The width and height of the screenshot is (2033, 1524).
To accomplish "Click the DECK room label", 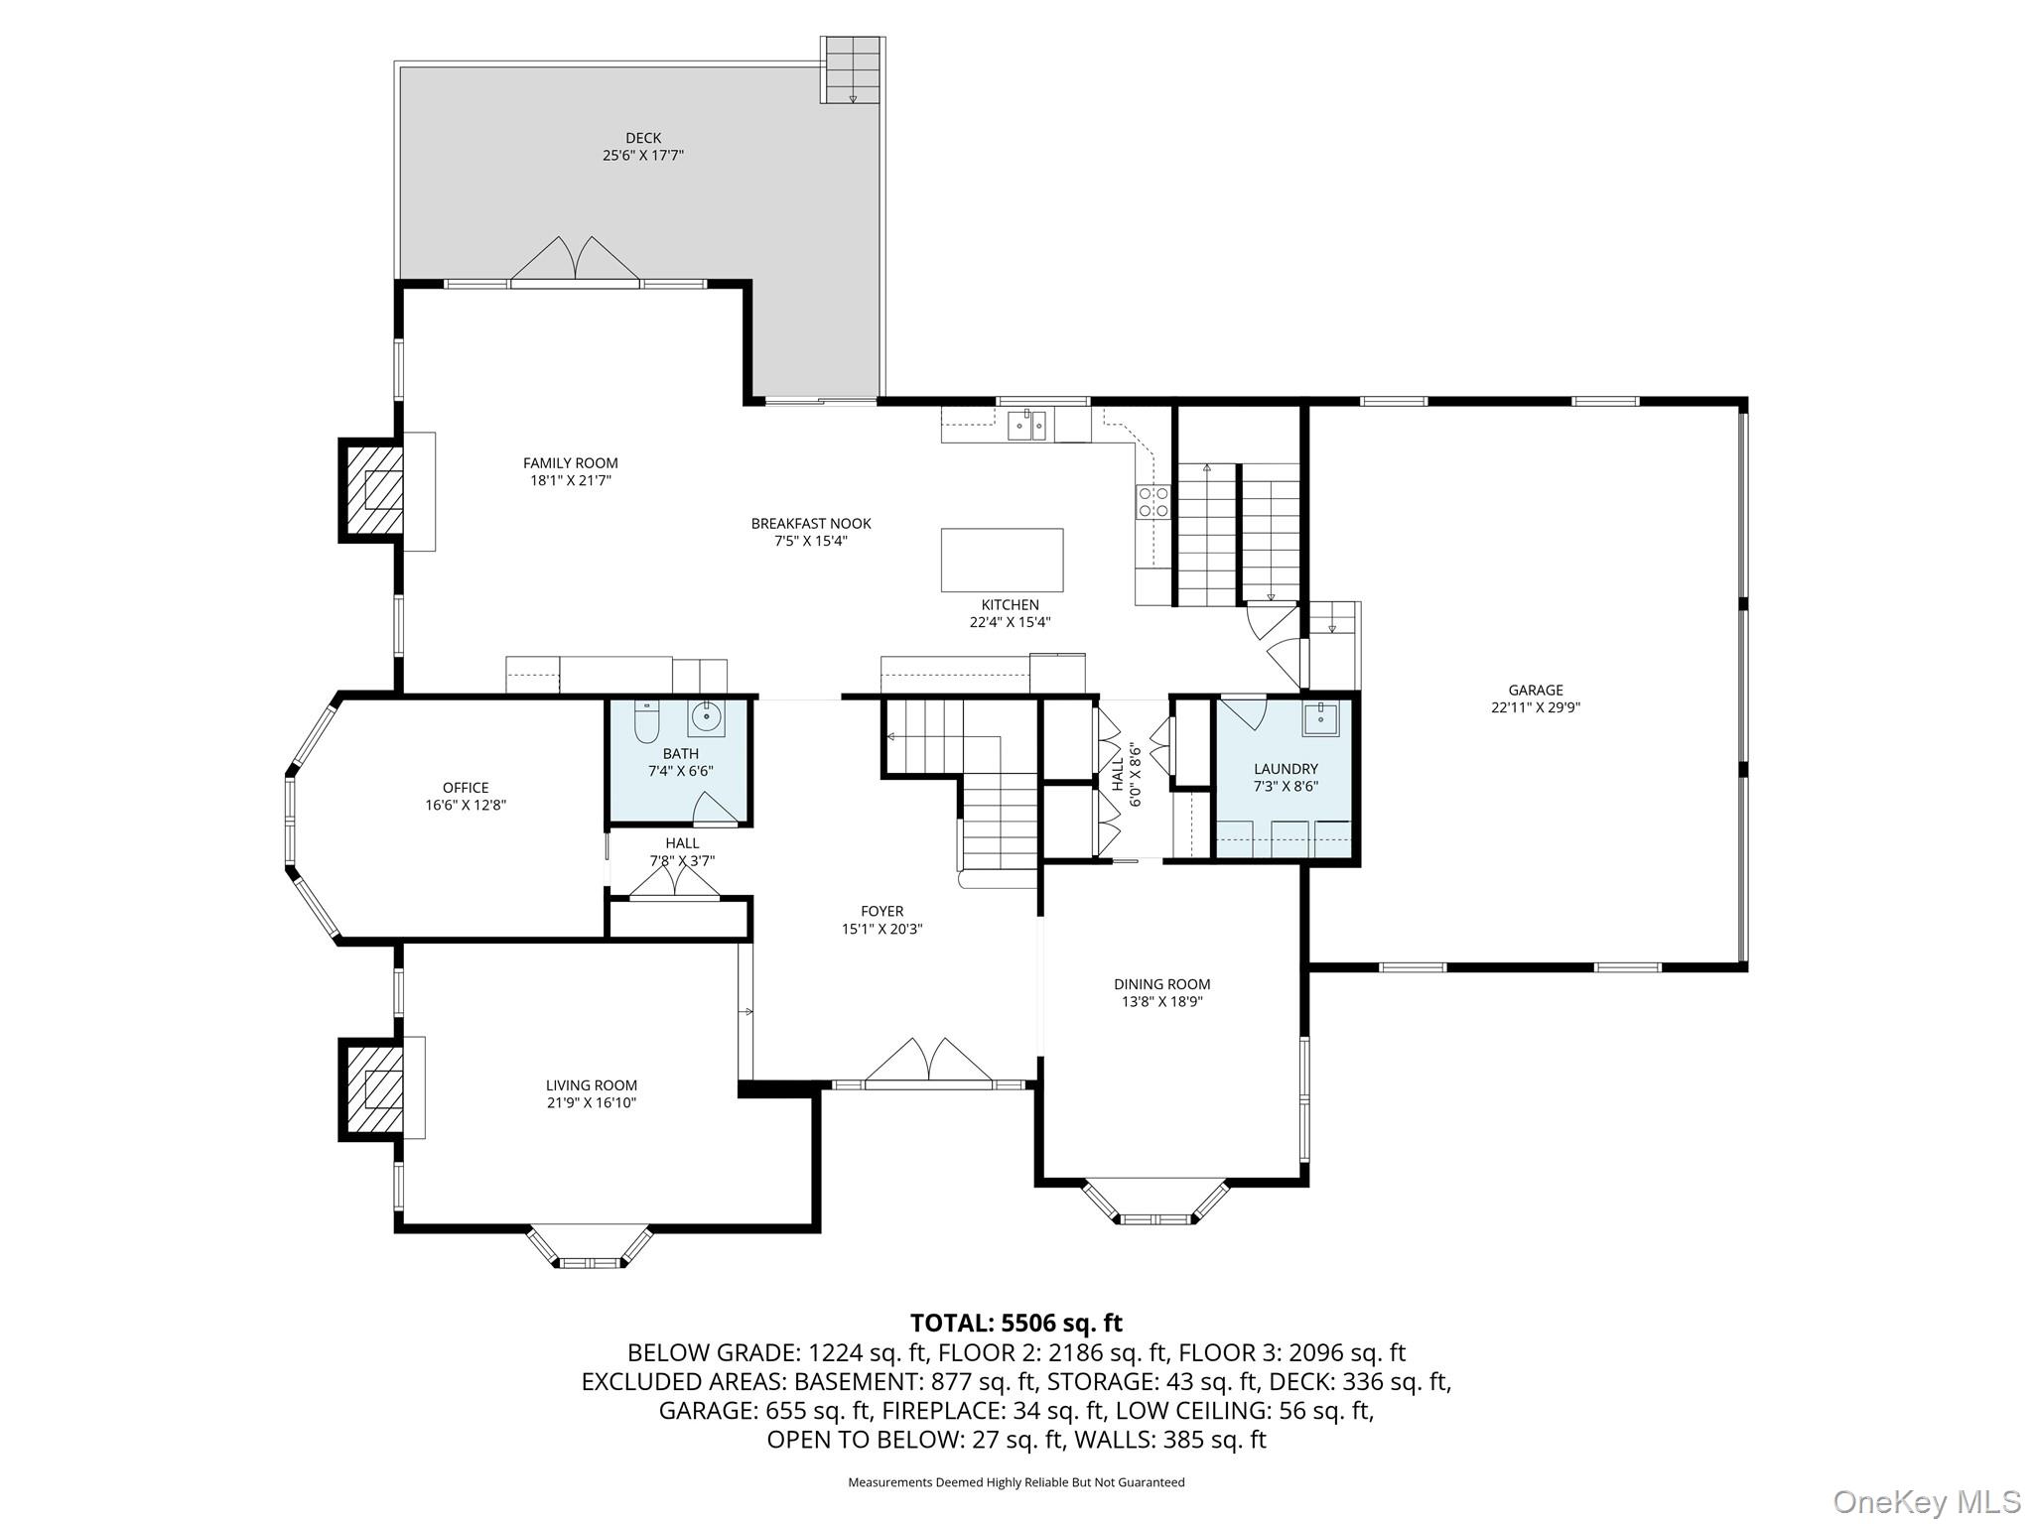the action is [643, 138].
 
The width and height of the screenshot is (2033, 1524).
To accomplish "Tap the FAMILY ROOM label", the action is [571, 463].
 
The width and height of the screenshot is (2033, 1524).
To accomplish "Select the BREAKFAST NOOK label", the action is [811, 524].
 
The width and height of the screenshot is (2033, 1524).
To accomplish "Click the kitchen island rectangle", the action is [1002, 560].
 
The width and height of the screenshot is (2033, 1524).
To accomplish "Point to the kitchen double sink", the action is [1027, 425].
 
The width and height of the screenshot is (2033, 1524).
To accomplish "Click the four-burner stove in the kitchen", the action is [1152, 501].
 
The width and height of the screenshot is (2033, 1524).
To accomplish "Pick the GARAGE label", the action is [1536, 691].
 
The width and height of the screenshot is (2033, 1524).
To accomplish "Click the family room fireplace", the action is [373, 490].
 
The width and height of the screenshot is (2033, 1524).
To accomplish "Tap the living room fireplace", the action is [373, 1089].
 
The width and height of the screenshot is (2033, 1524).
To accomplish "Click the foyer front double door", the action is [928, 1061].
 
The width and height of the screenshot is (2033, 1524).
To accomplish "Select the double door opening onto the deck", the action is [575, 262].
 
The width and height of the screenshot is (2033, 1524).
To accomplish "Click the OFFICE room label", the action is [466, 789].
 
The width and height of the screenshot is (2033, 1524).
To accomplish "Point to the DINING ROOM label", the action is [1161, 985].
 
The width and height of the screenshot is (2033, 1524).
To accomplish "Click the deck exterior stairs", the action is [853, 70].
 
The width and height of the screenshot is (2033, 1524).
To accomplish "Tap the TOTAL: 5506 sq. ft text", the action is [1016, 1323].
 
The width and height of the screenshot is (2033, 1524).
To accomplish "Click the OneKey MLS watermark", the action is [1927, 1501].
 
